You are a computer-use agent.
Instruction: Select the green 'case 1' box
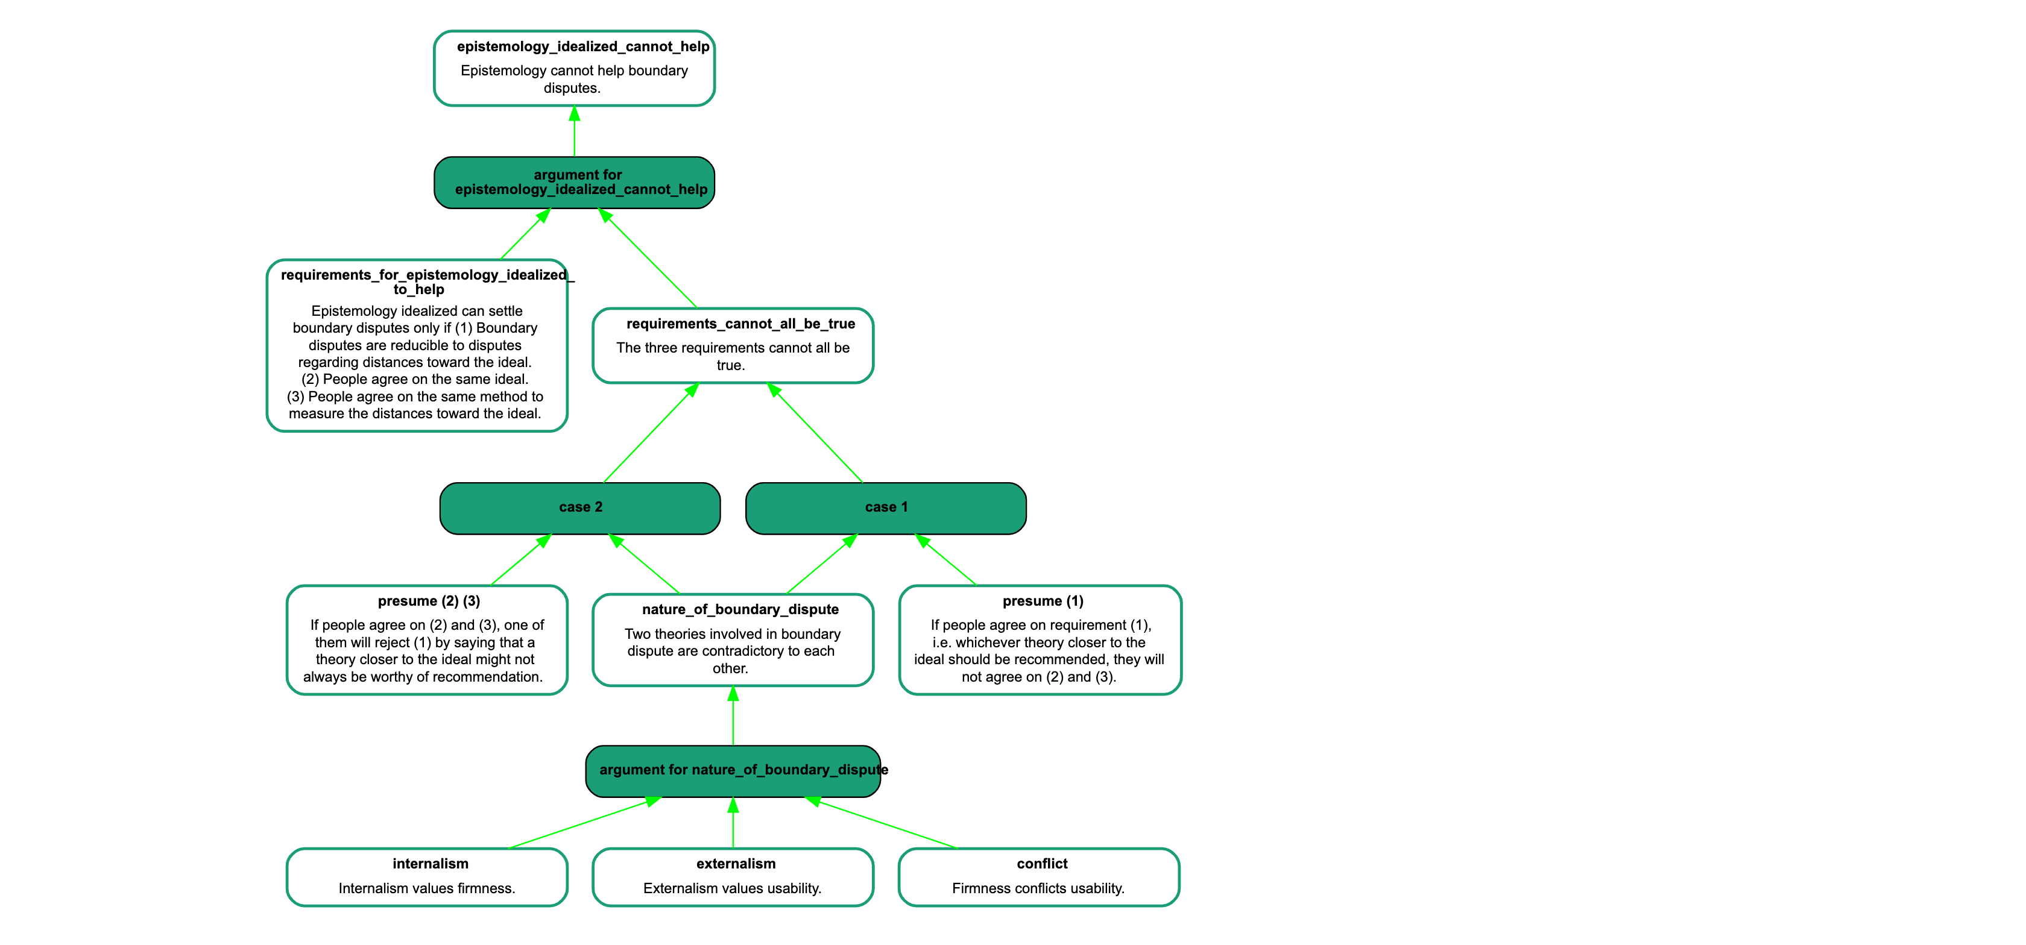(x=886, y=508)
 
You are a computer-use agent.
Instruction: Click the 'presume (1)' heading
(x=1043, y=601)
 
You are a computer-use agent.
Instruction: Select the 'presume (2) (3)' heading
(x=429, y=601)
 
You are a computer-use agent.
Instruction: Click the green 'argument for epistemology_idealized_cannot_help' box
(x=574, y=183)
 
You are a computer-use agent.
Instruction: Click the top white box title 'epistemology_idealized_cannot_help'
(x=583, y=46)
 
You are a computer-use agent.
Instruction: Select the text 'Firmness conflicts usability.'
(x=1038, y=888)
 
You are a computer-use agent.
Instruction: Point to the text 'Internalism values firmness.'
(x=426, y=888)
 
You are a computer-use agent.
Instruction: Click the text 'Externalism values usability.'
(x=732, y=888)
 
